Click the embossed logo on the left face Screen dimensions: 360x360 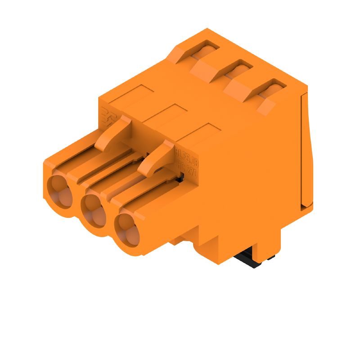[107, 117]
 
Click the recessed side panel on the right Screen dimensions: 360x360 [306, 148]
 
